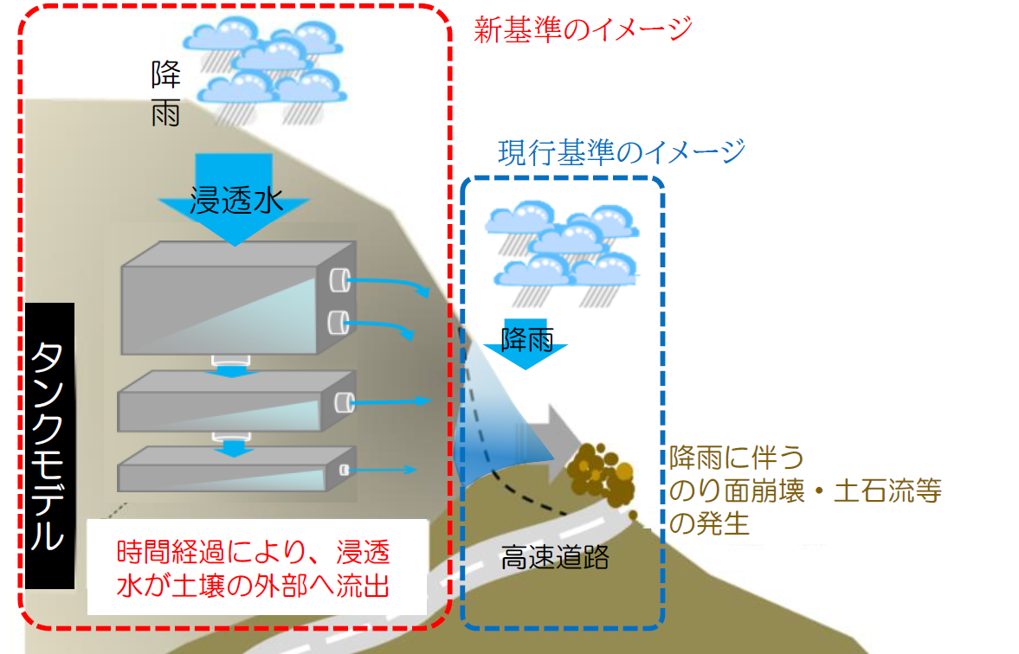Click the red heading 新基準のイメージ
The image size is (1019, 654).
pos(583,29)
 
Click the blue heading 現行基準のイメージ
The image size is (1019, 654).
pos(622,153)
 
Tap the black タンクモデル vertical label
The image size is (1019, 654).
pos(49,445)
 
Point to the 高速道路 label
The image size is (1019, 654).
pos(555,558)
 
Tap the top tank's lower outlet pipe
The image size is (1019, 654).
pos(338,324)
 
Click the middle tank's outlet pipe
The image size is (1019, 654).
pos(343,401)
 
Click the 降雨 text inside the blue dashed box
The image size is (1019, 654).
pos(526,340)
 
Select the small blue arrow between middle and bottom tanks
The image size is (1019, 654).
pos(232,447)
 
